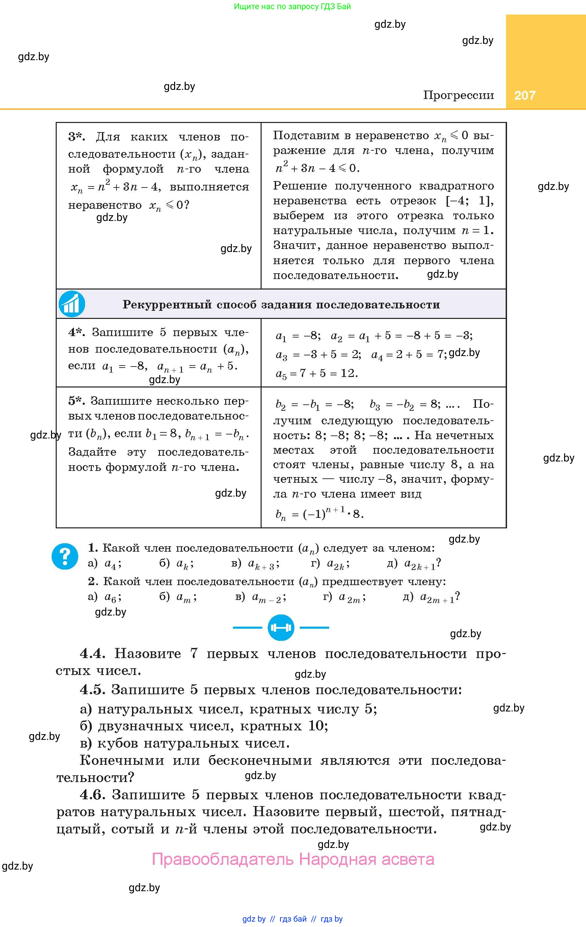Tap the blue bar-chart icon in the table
(72, 304)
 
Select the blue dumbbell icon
(281, 627)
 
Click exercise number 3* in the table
(77, 137)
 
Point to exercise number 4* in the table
(77, 332)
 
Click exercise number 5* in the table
(77, 401)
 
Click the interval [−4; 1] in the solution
(470, 201)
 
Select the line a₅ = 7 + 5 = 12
(317, 373)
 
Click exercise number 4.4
(92, 653)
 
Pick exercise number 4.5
(92, 690)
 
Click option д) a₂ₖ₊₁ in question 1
(414, 563)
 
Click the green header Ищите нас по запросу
(292, 6)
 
